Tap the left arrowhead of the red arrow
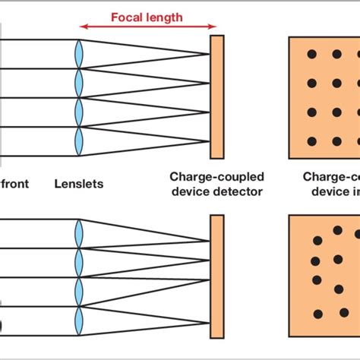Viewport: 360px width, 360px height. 81,27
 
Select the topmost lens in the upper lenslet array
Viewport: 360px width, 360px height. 79,54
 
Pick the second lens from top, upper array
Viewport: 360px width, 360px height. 79,83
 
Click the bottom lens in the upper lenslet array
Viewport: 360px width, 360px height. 79,141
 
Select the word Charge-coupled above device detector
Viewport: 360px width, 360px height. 216,177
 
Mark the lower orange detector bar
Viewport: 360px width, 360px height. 216,277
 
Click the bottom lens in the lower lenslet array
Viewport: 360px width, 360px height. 79,320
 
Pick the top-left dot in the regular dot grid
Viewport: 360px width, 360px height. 311,55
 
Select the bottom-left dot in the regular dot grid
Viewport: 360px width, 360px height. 311,141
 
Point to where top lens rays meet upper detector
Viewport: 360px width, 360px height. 210,54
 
